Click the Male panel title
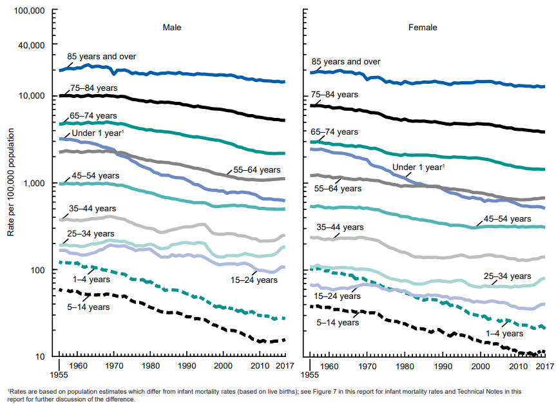(x=171, y=28)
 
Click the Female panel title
(x=423, y=28)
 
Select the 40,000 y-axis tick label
(x=31, y=45)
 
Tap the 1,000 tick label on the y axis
(x=34, y=183)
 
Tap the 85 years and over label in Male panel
(x=101, y=57)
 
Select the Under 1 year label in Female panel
(x=418, y=167)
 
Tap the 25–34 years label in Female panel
(x=506, y=276)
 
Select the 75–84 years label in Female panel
(x=334, y=95)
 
